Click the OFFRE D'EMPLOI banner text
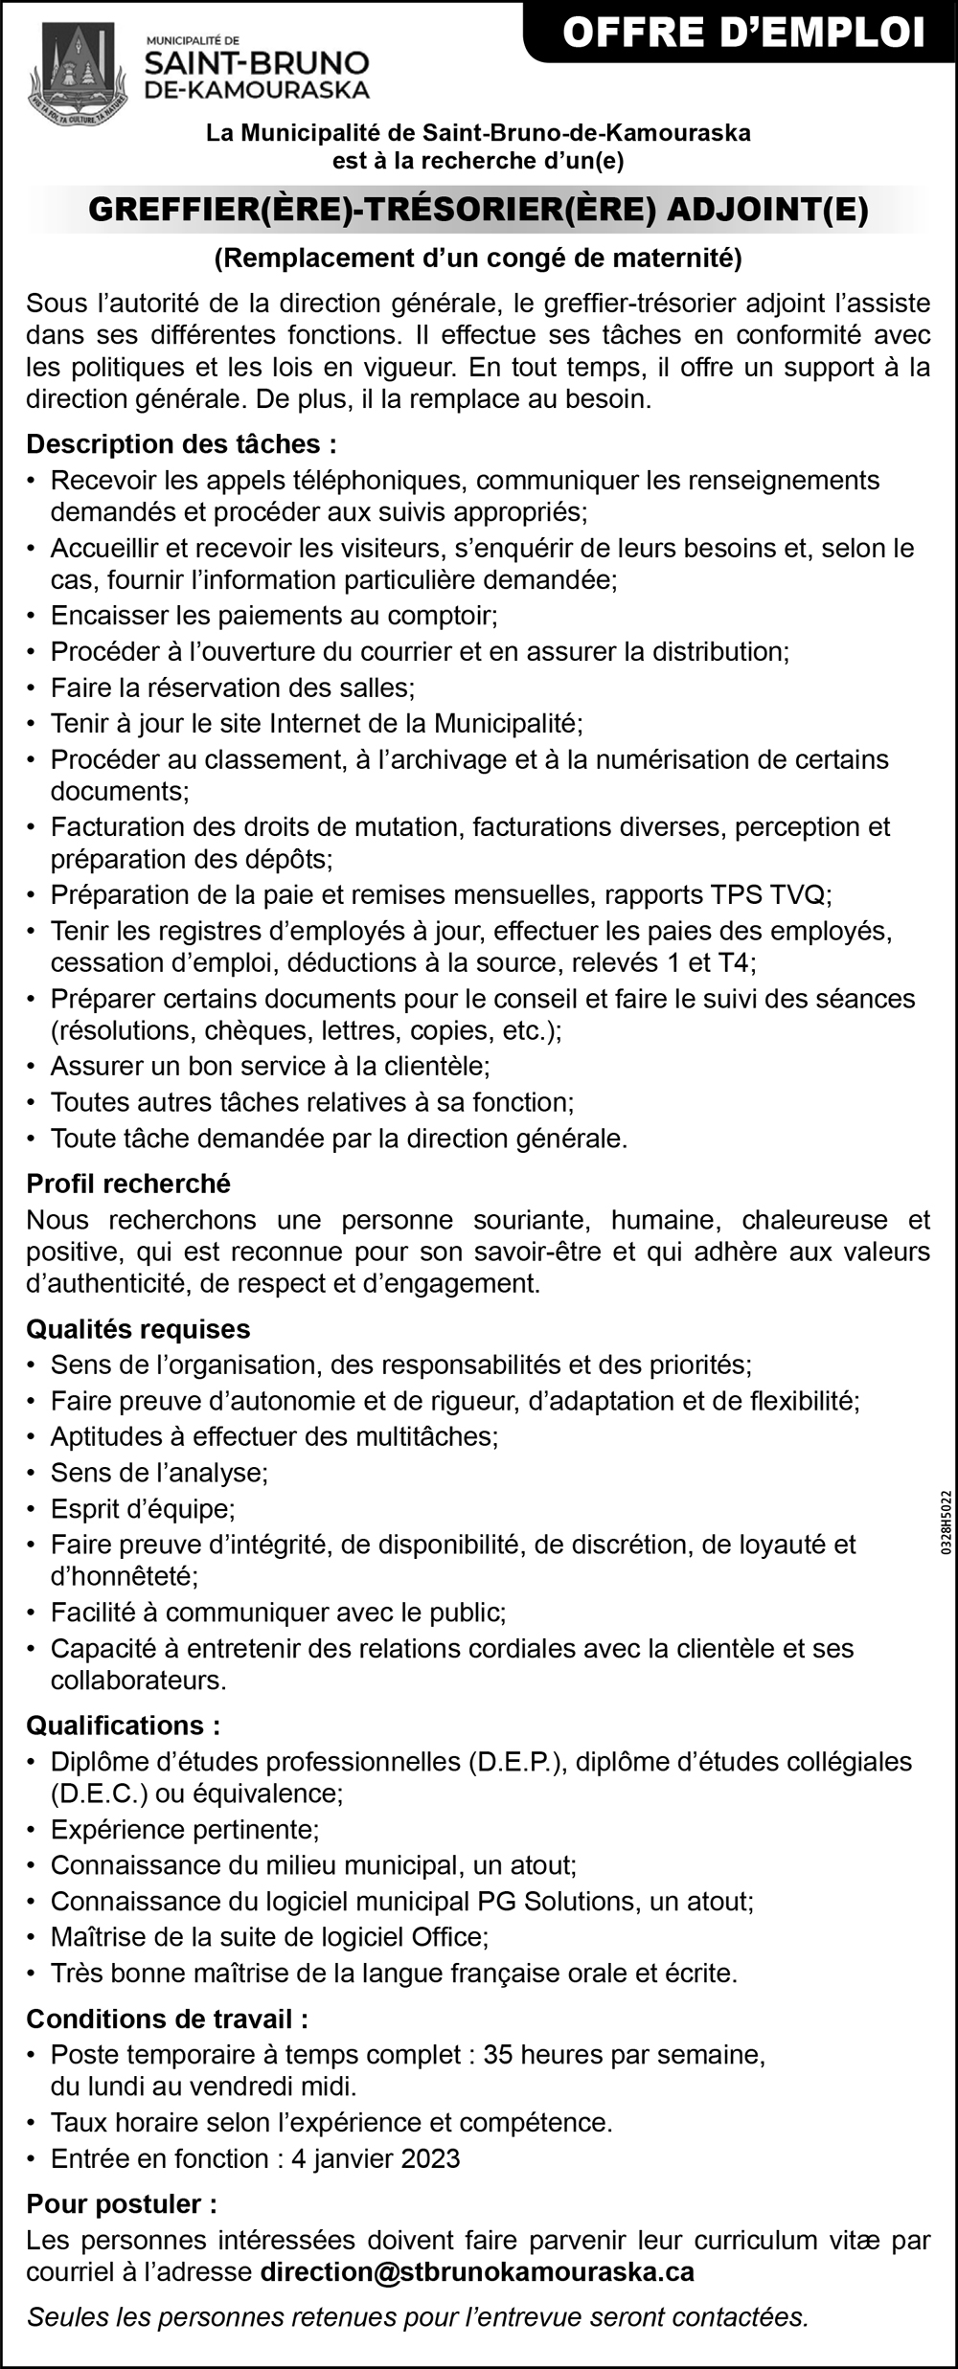[743, 34]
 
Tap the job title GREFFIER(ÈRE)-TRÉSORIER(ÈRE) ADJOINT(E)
[478, 210]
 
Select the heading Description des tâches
[181, 443]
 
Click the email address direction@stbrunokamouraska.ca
[477, 2271]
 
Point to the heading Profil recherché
[128, 1184]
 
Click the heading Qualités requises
[138, 1329]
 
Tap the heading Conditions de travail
[168, 2019]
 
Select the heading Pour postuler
[122, 2204]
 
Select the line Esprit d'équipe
[143, 1509]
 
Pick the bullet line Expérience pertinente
[184, 1829]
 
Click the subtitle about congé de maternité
[478, 258]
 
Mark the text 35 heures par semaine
[624, 2054]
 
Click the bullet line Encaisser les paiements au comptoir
[274, 615]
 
